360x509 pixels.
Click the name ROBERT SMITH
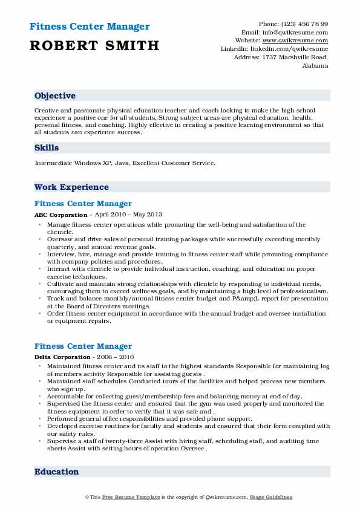click(x=94, y=45)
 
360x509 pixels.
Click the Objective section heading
click(x=55, y=96)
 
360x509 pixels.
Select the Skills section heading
click(x=47, y=148)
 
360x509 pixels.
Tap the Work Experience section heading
click(x=71, y=187)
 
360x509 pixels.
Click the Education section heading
click(x=57, y=472)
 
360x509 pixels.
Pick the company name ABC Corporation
click(x=61, y=215)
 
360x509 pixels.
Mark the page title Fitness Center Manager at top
click(x=89, y=27)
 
